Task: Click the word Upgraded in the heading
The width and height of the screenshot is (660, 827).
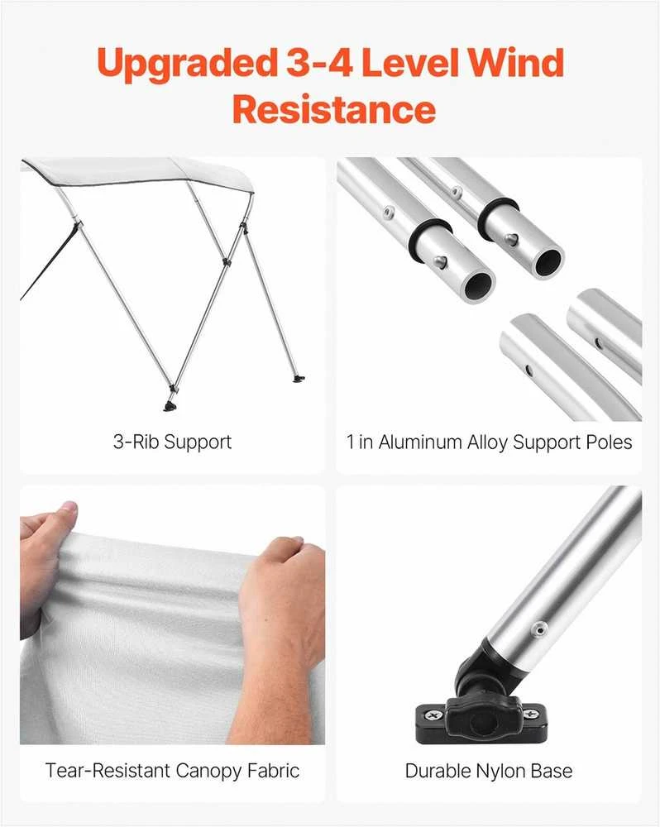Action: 187,65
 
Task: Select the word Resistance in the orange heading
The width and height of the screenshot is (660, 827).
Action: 334,108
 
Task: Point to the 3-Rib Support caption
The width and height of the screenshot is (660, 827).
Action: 173,442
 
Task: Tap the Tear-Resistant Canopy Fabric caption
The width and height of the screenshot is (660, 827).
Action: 173,771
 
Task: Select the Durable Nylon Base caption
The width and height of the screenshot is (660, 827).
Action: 489,771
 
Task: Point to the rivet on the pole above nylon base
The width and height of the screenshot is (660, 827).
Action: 538,629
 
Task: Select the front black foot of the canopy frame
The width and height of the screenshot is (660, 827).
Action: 170,405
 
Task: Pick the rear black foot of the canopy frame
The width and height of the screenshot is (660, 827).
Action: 300,378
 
